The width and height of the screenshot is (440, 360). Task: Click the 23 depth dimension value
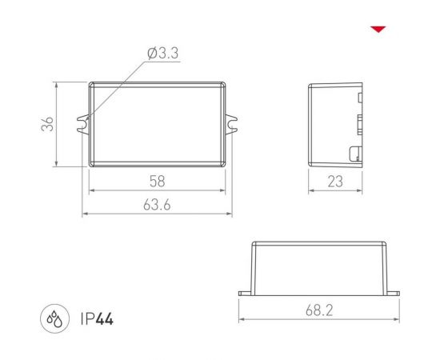[335, 182]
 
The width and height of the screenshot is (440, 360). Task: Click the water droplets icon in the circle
[56, 319]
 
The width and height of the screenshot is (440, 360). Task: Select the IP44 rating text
[98, 319]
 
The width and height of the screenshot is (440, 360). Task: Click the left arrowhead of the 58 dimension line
[90, 191]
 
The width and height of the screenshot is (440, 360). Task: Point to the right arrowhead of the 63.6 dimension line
[230, 214]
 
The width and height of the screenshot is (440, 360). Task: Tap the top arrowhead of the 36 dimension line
[57, 84]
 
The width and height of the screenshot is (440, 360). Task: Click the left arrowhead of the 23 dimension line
[312, 191]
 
